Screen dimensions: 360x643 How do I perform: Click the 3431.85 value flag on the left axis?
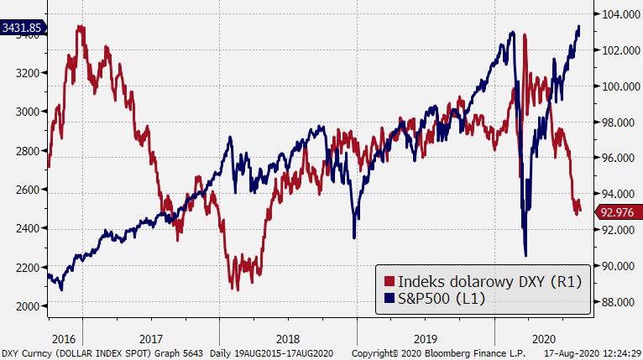[21, 28]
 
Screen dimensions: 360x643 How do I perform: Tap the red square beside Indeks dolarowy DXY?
[389, 279]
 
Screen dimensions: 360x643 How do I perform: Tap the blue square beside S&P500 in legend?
[389, 298]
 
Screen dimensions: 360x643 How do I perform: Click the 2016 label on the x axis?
[64, 339]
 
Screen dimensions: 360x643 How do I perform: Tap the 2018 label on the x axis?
[287, 339]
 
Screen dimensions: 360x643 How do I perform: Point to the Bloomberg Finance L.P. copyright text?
[444, 354]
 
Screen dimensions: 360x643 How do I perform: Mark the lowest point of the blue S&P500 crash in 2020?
[525, 255]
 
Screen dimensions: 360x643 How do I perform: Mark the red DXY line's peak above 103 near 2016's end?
[80, 27]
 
